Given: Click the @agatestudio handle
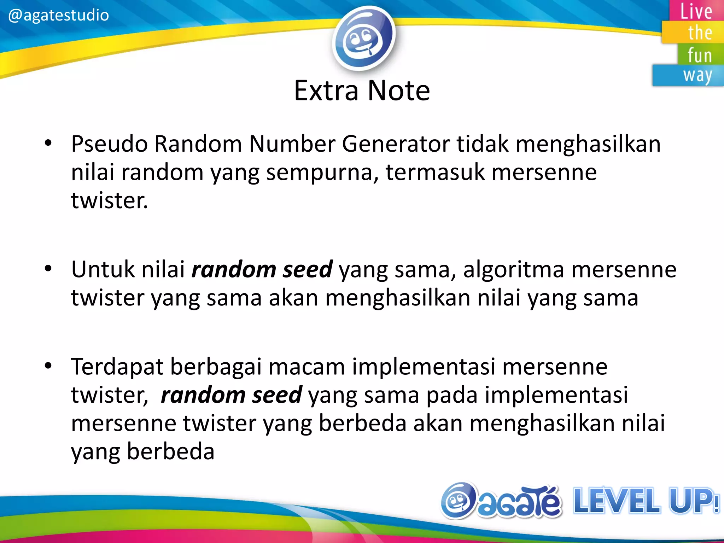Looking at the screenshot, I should point(58,15).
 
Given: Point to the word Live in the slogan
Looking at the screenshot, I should point(696,11).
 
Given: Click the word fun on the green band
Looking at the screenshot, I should point(700,56).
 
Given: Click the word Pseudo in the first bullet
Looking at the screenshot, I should point(109,144).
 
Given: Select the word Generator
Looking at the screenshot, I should point(396,144).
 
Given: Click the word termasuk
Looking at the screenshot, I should point(435,172).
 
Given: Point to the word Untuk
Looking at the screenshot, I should point(103,269).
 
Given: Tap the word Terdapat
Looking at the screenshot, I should point(117,367).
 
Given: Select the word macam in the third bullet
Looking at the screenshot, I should point(306,367).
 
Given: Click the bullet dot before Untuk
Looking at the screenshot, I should point(48,269).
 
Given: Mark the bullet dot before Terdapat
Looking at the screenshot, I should point(48,366).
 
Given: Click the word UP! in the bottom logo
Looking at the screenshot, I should point(694,501).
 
